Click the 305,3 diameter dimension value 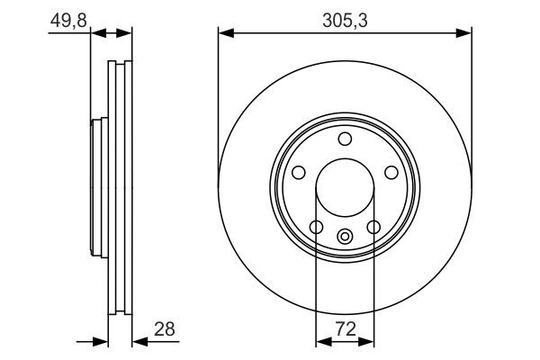(x=345, y=21)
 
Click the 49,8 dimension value (x=68, y=21)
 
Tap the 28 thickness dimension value (x=165, y=329)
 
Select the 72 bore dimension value (x=346, y=329)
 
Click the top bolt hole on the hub (x=345, y=139)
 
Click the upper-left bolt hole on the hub (x=299, y=172)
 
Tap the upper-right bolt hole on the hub (x=391, y=172)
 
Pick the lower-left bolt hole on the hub (x=316, y=227)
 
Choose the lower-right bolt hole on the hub (x=373, y=227)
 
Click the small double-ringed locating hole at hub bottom (x=345, y=237)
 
